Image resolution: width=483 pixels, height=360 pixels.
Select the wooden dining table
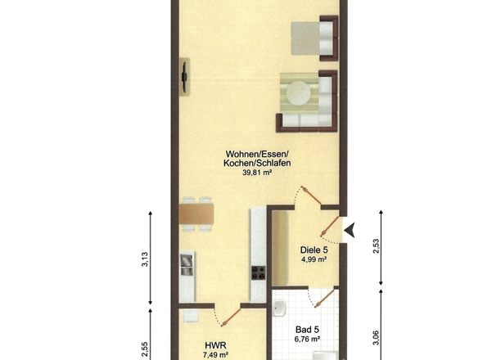tap(196, 213)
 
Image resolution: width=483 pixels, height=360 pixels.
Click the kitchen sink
tap(187, 263)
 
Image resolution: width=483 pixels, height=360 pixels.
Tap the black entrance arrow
tap(350, 232)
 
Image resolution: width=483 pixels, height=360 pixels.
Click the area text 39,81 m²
tap(257, 173)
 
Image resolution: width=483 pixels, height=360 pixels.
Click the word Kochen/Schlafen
tap(257, 163)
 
